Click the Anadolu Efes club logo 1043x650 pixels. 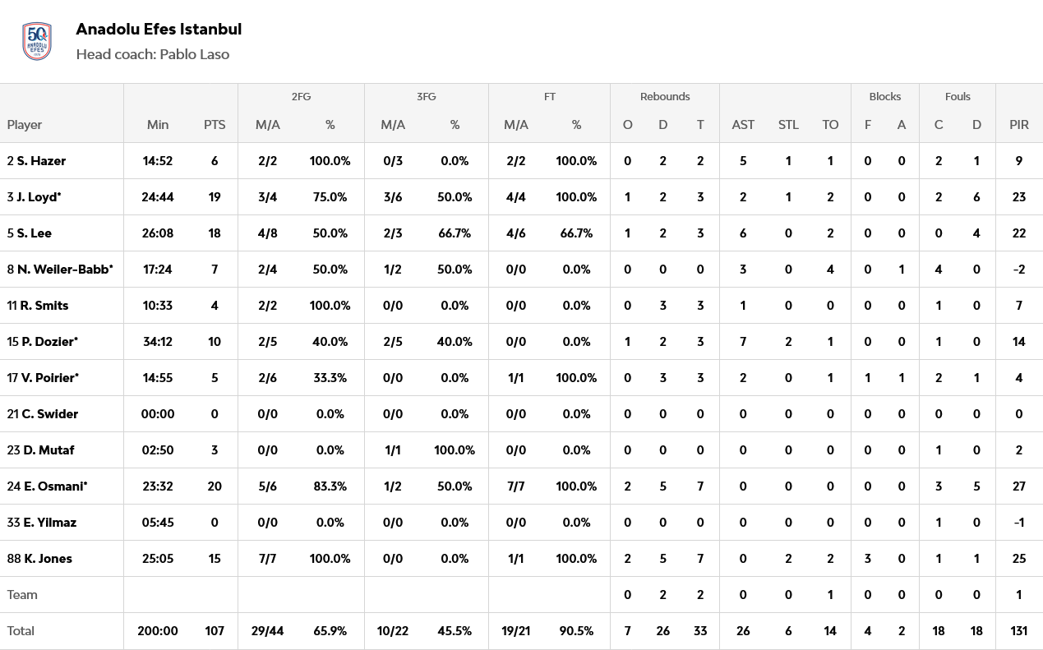tap(37, 41)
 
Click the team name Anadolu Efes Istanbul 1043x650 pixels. tap(159, 30)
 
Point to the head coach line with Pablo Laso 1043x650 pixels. tap(152, 55)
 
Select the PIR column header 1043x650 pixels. tap(1019, 125)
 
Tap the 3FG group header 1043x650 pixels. tap(426, 97)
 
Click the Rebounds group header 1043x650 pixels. tap(665, 97)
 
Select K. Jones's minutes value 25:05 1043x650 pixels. tap(158, 559)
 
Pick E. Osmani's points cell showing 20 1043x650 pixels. tap(215, 486)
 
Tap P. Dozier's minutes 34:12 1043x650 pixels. tap(158, 342)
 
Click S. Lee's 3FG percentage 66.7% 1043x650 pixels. tap(455, 233)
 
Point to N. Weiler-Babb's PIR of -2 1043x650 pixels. tap(1019, 270)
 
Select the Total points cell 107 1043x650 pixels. tap(215, 631)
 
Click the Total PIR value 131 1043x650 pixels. tap(1019, 631)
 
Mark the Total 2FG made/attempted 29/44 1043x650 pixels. tap(268, 631)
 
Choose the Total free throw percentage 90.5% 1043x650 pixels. tap(576, 631)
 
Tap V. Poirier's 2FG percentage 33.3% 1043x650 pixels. tap(330, 378)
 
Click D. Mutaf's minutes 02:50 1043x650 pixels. tap(158, 450)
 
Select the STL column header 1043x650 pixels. tap(788, 125)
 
